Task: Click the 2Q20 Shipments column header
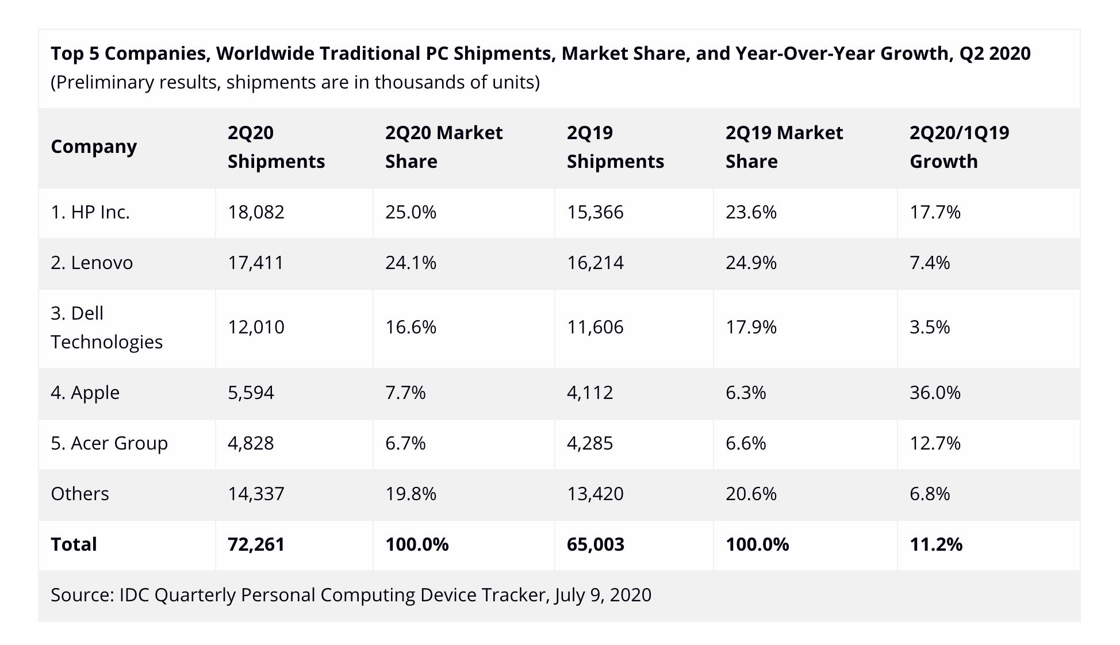click(276, 147)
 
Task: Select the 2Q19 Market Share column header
click(784, 147)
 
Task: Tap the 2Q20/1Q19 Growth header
click(959, 147)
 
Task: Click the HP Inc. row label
click(90, 212)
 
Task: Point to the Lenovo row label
click(91, 263)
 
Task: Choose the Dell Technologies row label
click(106, 328)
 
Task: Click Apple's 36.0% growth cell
click(935, 393)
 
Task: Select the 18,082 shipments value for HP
click(256, 212)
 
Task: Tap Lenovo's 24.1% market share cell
click(411, 263)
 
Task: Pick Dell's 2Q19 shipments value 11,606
click(595, 327)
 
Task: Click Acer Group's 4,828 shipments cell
click(251, 443)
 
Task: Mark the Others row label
click(80, 494)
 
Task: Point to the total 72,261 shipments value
click(256, 544)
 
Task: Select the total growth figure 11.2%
click(935, 544)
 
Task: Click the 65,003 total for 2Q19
click(595, 544)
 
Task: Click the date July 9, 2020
click(603, 595)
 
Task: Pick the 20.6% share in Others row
click(751, 494)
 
